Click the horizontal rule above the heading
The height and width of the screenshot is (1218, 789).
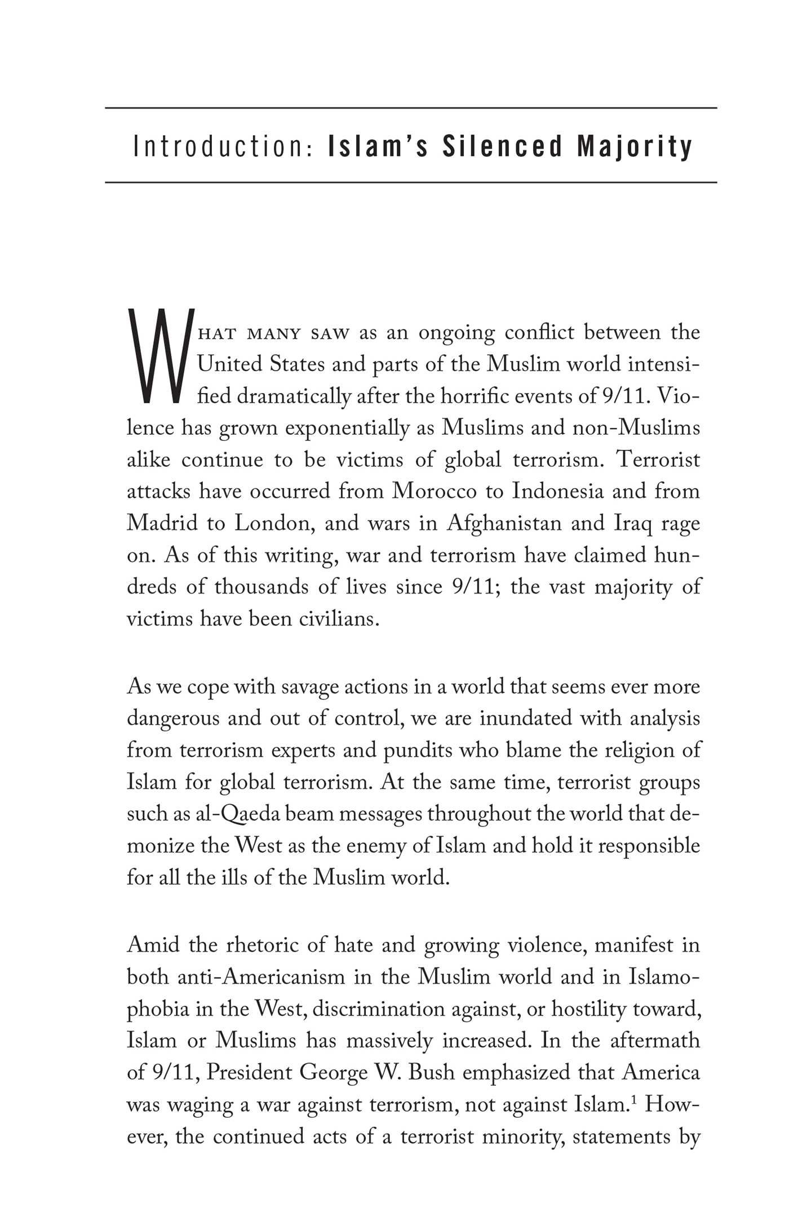411,108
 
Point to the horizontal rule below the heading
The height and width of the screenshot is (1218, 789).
411,182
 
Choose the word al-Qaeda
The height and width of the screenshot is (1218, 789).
219,814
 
